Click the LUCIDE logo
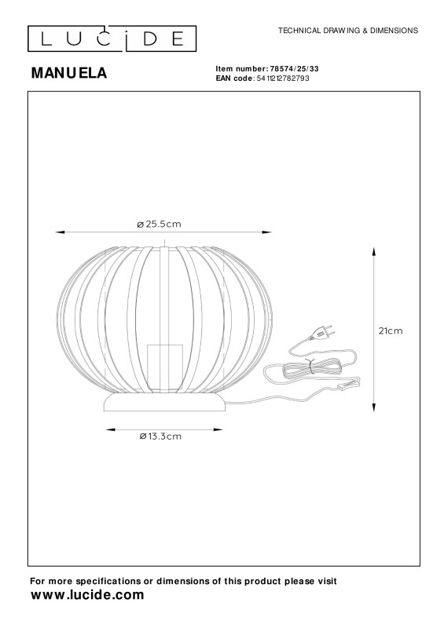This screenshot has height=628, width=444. click(112, 38)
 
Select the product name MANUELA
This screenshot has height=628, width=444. click(69, 73)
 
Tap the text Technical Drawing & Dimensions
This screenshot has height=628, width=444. click(348, 31)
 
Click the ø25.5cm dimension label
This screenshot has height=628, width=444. click(160, 224)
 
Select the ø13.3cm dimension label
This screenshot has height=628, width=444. click(160, 436)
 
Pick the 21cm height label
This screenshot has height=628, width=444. click(391, 330)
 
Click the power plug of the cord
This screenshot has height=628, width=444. click(322, 332)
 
